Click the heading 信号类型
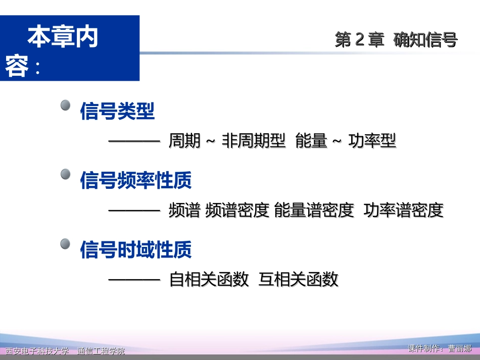click(117, 112)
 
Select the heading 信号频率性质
click(136, 181)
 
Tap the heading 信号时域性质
click(136, 249)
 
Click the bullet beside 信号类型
click(65, 106)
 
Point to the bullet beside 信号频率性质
click(65, 175)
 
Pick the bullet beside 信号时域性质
click(65, 244)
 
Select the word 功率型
click(372, 141)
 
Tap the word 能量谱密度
click(314, 211)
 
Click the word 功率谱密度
click(403, 211)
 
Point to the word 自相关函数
click(209, 279)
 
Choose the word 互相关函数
click(298, 279)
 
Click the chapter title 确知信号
click(425, 40)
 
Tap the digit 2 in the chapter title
click(360, 40)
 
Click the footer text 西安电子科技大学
click(36, 351)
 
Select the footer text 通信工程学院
click(101, 351)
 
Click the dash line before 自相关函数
click(134, 279)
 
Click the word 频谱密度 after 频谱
click(237, 211)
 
